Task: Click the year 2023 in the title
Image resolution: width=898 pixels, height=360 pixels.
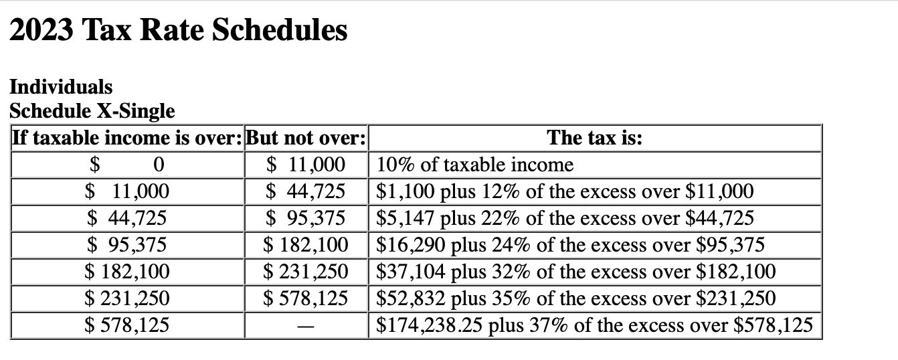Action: tap(43, 30)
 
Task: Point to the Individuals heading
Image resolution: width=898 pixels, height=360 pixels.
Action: tap(61, 86)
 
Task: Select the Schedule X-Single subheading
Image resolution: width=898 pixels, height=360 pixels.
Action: tap(92, 110)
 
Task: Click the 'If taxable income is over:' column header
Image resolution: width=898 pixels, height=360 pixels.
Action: tap(128, 138)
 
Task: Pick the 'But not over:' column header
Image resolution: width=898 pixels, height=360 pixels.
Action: tap(306, 138)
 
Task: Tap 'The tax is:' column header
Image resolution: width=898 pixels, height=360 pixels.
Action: tap(594, 138)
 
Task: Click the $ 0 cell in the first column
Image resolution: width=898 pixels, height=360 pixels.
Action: tap(128, 165)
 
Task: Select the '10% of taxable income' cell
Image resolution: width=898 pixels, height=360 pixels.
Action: tap(475, 165)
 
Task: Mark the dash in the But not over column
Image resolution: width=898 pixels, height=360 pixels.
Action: tap(306, 327)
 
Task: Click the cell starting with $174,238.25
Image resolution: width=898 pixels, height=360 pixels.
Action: tap(594, 326)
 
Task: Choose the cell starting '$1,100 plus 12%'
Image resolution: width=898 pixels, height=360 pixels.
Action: tap(565, 192)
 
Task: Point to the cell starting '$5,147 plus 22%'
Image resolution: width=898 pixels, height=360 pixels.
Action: tap(565, 218)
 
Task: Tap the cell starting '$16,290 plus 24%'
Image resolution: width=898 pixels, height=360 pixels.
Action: tap(570, 245)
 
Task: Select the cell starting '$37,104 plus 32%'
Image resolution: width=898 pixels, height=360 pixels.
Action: tap(575, 272)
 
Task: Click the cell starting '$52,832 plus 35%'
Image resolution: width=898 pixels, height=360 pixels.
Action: tap(575, 298)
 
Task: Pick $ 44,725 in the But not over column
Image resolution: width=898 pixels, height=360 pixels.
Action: tap(306, 192)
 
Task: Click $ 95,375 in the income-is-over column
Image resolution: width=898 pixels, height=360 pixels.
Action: tap(128, 245)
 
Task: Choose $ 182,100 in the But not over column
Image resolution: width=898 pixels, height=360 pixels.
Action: tap(306, 245)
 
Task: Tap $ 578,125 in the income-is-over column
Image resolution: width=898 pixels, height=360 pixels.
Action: tap(128, 326)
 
